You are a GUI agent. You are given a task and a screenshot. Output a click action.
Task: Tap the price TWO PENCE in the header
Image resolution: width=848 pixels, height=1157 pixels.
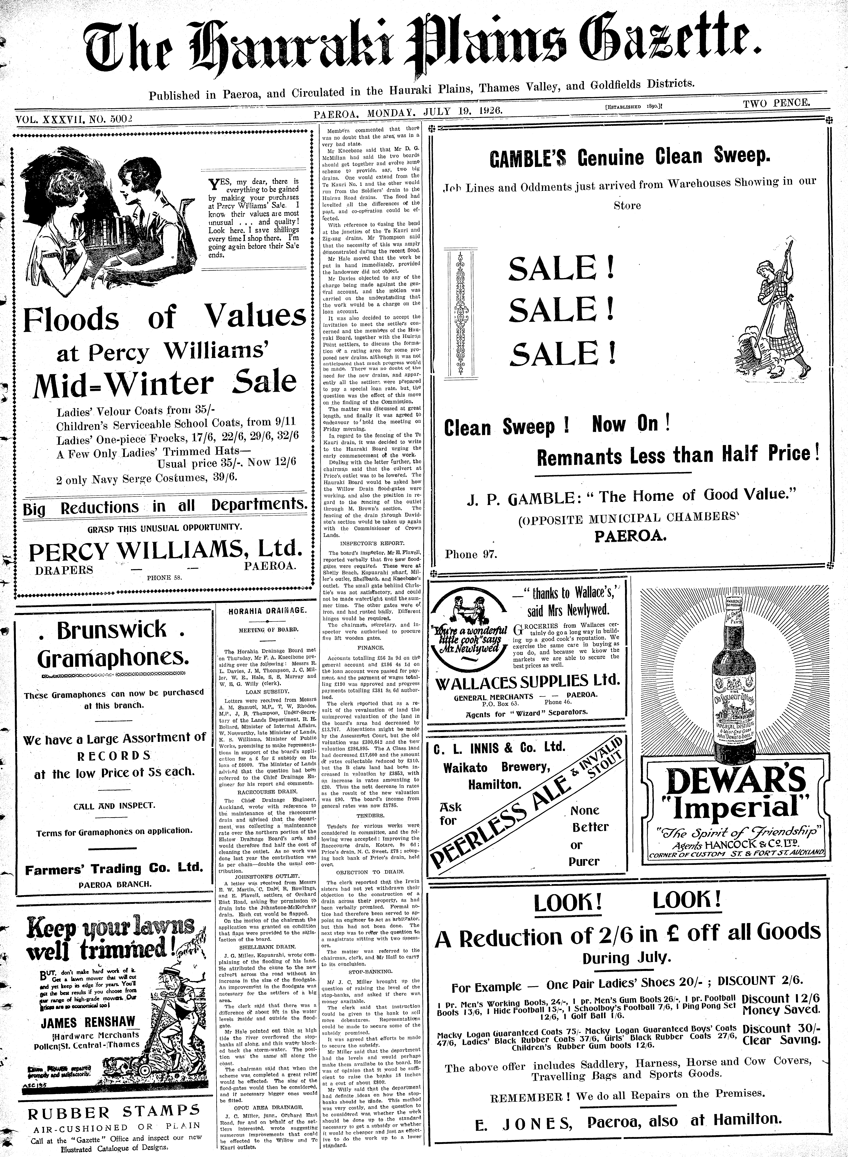pos(776,103)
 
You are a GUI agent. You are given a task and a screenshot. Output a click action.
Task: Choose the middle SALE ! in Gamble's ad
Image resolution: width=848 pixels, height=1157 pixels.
pos(561,310)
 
